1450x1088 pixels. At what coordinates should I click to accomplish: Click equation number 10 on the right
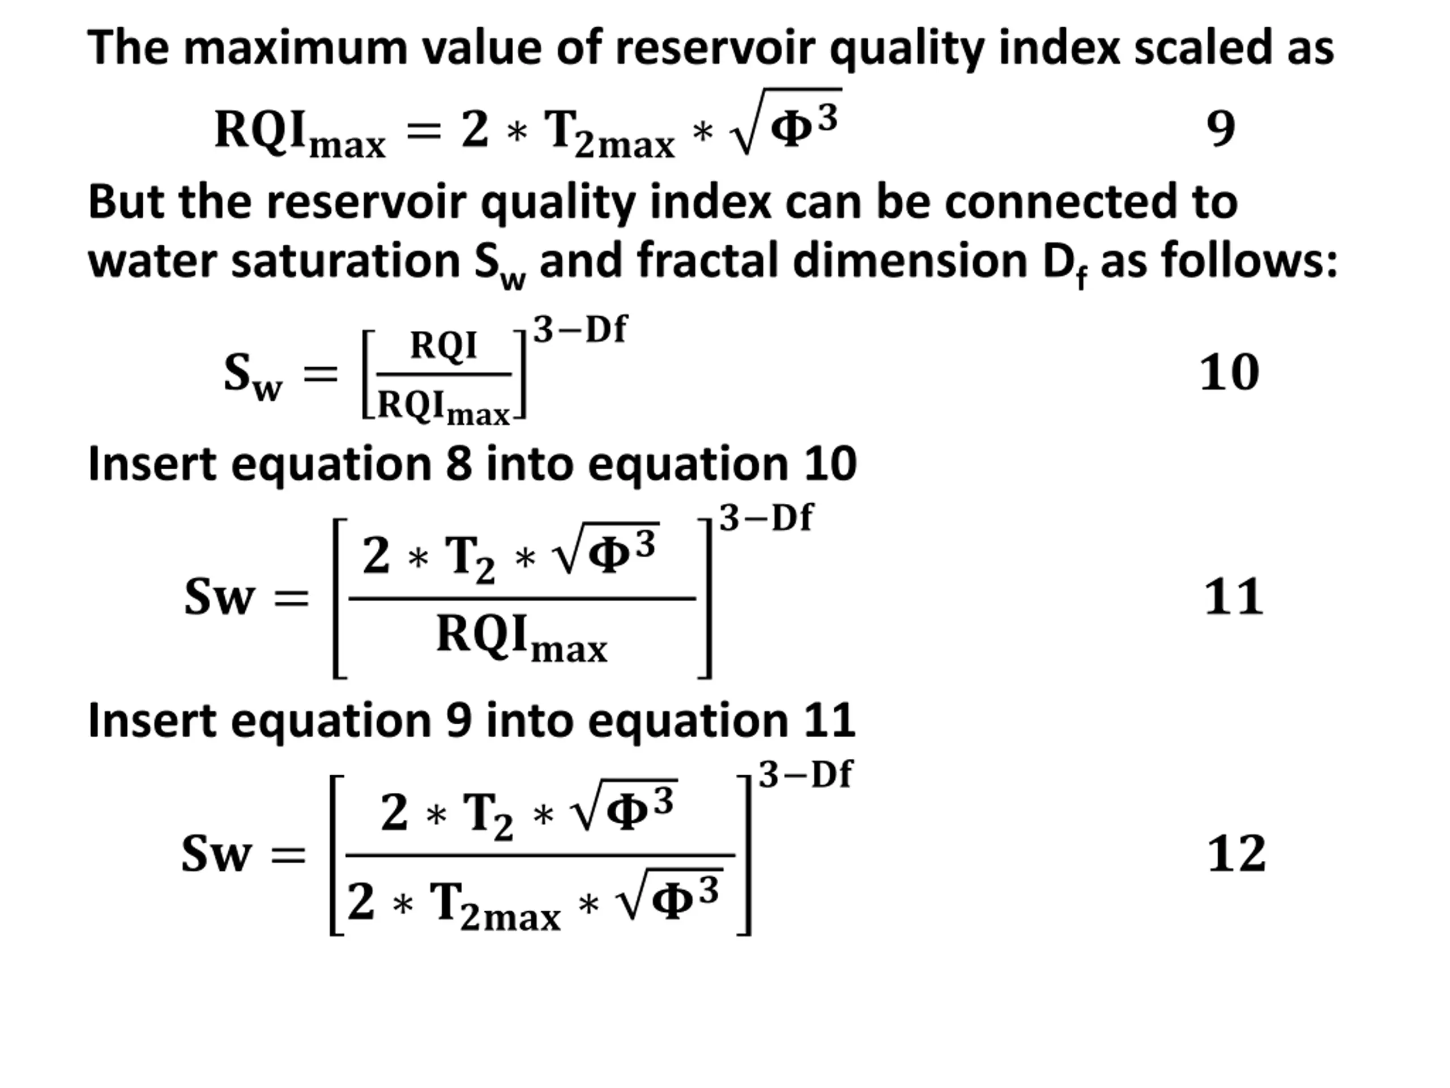click(x=1229, y=372)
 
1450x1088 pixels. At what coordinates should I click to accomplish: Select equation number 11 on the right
click(x=1234, y=597)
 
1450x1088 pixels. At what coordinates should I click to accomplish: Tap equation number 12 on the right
click(x=1236, y=854)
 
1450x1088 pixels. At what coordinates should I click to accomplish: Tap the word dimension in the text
click(x=910, y=260)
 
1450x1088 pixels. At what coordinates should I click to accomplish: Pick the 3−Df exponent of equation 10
click(x=580, y=329)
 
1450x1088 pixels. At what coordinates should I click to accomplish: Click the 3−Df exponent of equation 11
click(x=766, y=518)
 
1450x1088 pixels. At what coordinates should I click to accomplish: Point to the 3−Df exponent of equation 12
click(x=805, y=775)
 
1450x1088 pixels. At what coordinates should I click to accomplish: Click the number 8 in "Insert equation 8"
click(x=459, y=464)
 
